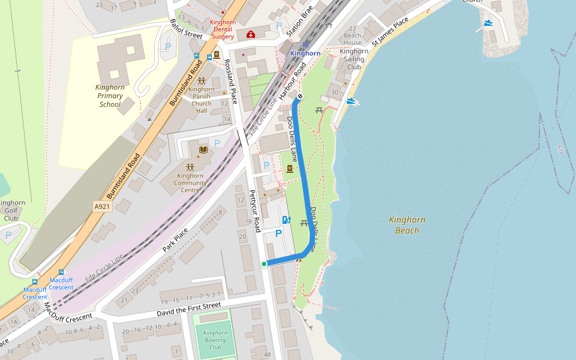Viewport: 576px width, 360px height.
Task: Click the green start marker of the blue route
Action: (x=264, y=263)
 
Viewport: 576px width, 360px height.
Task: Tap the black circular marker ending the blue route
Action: (x=300, y=97)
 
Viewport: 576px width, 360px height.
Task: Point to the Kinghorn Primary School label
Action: (x=110, y=95)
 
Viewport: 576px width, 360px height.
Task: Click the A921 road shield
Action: (x=103, y=206)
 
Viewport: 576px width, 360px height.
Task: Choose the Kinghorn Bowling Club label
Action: (x=215, y=340)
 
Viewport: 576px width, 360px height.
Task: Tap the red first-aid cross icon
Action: (x=251, y=34)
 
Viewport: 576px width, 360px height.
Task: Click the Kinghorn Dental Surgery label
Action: (x=222, y=29)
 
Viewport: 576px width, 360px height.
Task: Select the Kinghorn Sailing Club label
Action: (x=353, y=59)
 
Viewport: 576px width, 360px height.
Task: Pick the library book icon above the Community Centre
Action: (x=201, y=148)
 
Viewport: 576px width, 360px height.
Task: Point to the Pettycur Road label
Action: (x=255, y=211)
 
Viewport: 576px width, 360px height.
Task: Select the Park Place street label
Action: (x=175, y=239)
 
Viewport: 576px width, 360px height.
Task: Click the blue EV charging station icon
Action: (x=286, y=220)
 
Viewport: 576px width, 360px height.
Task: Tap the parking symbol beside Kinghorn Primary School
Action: (x=168, y=46)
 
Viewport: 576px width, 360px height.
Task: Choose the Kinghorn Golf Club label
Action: (x=11, y=211)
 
